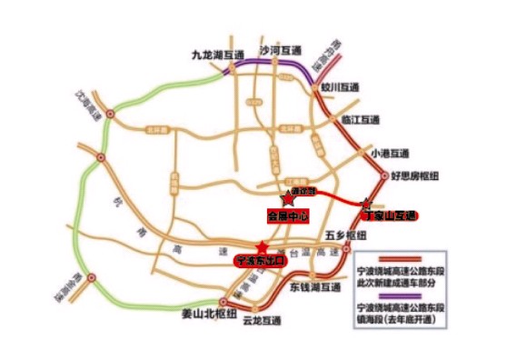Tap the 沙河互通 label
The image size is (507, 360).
(x=281, y=50)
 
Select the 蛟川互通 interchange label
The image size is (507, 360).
(x=341, y=87)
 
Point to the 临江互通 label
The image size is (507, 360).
(x=357, y=119)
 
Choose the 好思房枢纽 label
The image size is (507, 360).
(x=417, y=175)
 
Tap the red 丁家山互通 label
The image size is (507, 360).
(x=390, y=216)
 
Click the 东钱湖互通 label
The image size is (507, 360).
(x=316, y=286)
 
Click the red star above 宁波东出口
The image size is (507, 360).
(x=262, y=246)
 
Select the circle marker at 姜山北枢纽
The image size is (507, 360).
(x=222, y=301)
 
